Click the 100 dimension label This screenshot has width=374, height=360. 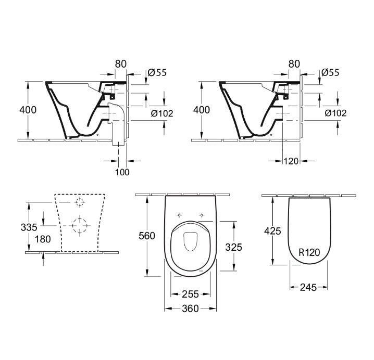click(122, 172)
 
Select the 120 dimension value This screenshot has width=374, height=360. click(291, 161)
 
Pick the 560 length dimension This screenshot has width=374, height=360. click(147, 236)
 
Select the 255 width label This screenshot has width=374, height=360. click(191, 293)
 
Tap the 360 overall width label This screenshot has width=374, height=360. click(191, 308)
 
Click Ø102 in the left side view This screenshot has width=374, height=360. click(162, 113)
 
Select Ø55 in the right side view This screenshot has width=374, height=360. click(330, 73)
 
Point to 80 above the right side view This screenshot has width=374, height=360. click(294, 64)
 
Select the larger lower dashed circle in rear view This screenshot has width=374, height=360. click(79, 225)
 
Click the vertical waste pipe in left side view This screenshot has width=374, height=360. click(118, 125)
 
